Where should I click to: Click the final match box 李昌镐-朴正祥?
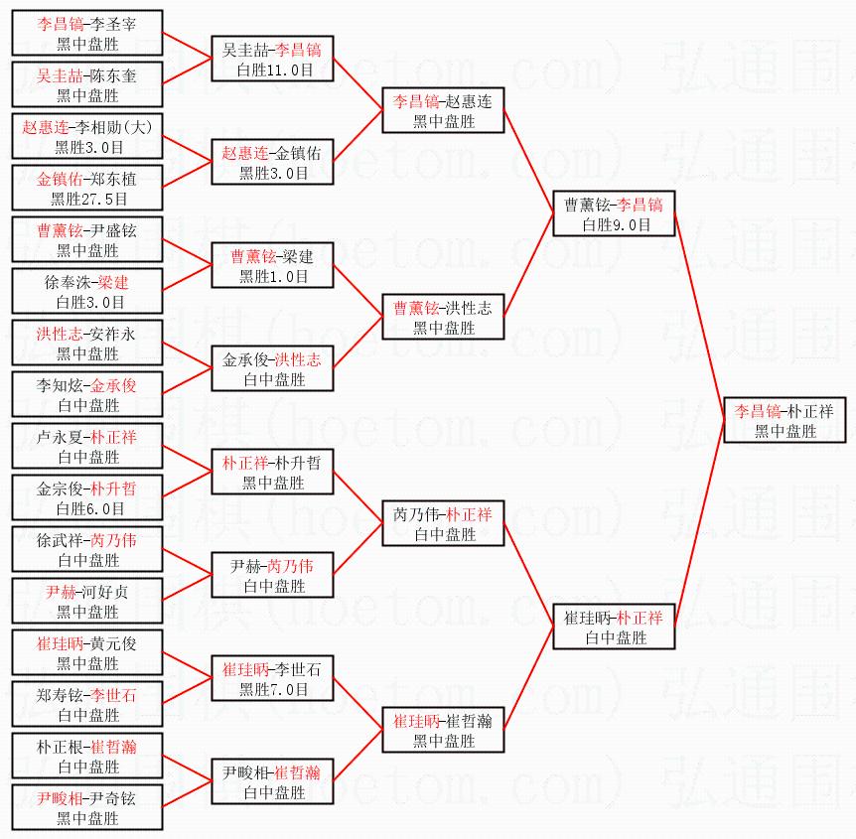[784, 421]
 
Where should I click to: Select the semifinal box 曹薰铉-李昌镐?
[614, 214]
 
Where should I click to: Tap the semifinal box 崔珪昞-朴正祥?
[614, 628]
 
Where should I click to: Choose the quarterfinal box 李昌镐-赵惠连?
[443, 111]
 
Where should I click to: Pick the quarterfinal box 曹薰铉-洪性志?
[443, 318]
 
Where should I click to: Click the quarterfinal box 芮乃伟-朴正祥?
[443, 524]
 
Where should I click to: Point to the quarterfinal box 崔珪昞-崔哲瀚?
[443, 731]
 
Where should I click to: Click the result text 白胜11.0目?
[271, 70]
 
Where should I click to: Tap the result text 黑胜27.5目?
[87, 199]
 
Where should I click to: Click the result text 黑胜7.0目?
[271, 689]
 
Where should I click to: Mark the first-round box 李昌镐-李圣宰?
[87, 34]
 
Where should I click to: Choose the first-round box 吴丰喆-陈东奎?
[87, 85]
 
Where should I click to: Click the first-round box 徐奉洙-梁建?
[87, 292]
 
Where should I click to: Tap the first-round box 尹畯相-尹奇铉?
[87, 808]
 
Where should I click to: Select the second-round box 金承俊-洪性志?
[271, 369]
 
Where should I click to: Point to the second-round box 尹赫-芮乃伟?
[271, 576]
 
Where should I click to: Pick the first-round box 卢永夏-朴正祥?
[87, 447]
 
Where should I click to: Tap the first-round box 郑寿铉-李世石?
[87, 705]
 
